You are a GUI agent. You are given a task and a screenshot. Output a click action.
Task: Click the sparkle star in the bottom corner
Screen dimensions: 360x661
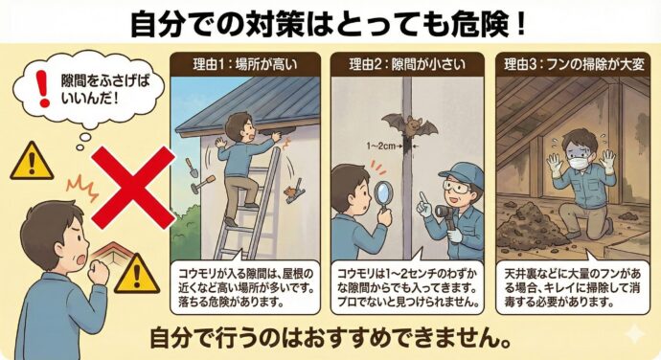[x=633, y=336]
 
